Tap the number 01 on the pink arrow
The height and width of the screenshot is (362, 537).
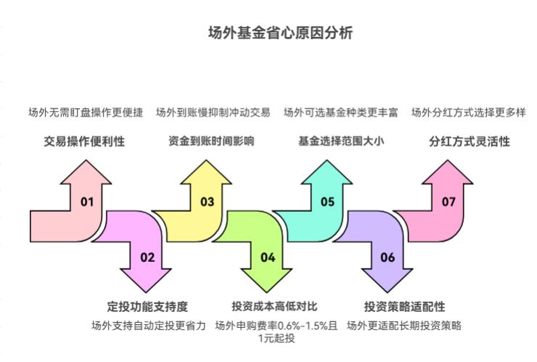tap(87, 202)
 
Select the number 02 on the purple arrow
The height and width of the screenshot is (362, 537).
tap(147, 257)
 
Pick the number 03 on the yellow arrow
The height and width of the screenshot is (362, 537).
tap(208, 202)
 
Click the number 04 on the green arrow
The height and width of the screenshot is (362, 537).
tap(268, 257)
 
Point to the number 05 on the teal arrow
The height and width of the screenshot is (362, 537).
tap(328, 202)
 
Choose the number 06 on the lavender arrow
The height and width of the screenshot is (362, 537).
tap(388, 257)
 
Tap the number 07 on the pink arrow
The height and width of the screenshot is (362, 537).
tap(448, 202)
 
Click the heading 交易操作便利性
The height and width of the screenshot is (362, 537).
tap(84, 141)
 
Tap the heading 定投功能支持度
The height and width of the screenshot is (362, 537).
tap(147, 305)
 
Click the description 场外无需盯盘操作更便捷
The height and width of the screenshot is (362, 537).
tap(86, 112)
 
